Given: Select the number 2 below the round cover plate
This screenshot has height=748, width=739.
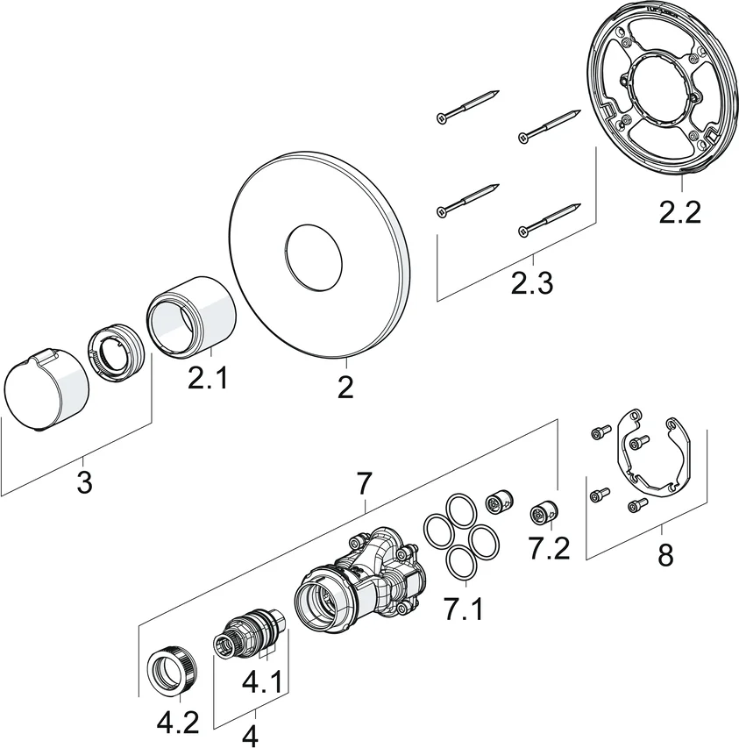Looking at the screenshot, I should (x=345, y=386).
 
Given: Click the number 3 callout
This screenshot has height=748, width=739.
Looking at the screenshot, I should (x=84, y=481).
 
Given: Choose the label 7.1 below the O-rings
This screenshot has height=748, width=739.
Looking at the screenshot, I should (x=463, y=607).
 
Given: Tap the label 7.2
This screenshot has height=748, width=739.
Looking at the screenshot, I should (x=550, y=548).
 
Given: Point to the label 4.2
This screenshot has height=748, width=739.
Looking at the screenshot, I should (x=178, y=723).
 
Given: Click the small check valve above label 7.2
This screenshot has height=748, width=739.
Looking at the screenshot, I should (x=540, y=514).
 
